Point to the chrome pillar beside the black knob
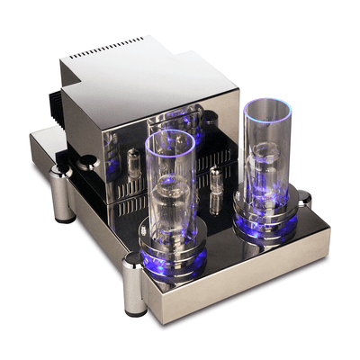coord(63,189)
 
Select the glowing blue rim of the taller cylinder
coord(267,109)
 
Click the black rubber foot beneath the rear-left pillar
coord(65,217)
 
